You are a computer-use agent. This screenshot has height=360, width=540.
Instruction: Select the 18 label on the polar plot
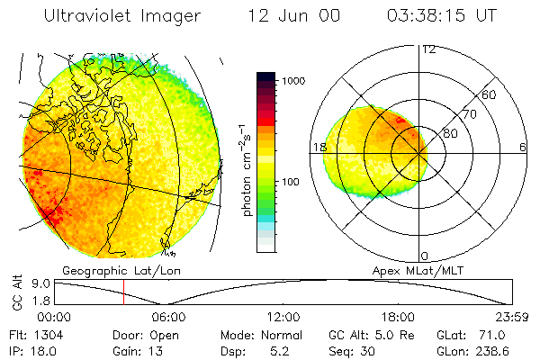[318, 147]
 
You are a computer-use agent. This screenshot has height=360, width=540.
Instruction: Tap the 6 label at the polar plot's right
[523, 147]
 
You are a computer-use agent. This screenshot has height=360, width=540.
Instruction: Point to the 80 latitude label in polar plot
[450, 134]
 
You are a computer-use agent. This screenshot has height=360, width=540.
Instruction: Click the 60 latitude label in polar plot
[490, 94]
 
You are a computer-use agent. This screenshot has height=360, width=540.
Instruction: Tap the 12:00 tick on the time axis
[283, 317]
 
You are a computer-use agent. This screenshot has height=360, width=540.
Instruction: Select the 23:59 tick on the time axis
[512, 317]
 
